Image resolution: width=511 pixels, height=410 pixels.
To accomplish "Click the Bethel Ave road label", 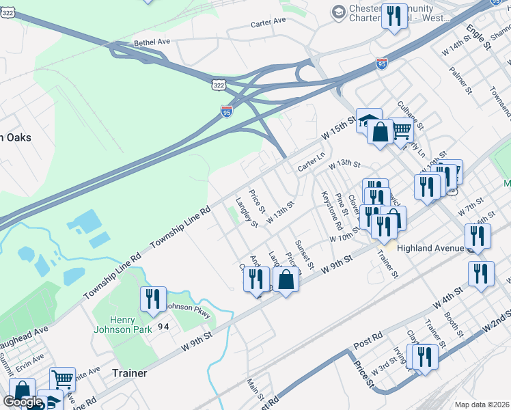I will click(x=152, y=42).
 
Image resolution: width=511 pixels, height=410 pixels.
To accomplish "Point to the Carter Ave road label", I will click(x=268, y=22).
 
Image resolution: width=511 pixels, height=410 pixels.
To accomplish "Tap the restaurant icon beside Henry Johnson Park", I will click(x=152, y=298).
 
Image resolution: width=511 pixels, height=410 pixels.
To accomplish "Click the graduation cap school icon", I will click(x=368, y=120).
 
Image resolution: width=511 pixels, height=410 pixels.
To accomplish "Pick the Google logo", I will click(x=23, y=401).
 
